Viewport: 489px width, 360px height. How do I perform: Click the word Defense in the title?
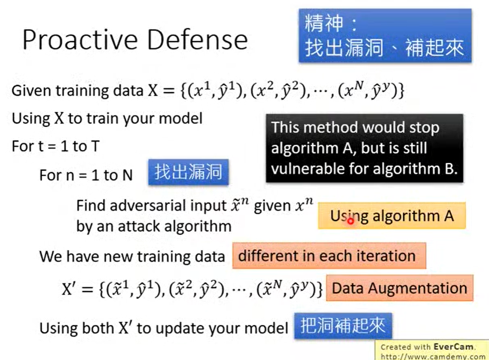(x=197, y=40)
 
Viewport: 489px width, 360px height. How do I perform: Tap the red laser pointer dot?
(x=351, y=221)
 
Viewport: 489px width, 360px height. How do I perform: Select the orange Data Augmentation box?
(x=400, y=288)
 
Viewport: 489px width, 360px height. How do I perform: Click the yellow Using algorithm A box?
(x=392, y=216)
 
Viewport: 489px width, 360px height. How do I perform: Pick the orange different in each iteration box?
(x=329, y=256)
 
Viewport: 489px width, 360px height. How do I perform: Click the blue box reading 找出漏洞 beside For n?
(x=188, y=172)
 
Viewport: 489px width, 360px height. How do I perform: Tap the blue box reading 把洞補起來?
(x=343, y=326)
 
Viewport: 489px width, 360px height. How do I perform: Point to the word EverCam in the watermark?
(x=453, y=347)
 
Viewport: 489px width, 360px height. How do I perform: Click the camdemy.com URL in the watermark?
(x=433, y=356)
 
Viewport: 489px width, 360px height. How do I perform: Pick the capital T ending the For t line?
(x=95, y=146)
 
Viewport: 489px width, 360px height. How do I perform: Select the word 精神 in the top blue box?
(x=324, y=23)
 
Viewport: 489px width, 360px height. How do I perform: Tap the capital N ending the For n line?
(x=128, y=175)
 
